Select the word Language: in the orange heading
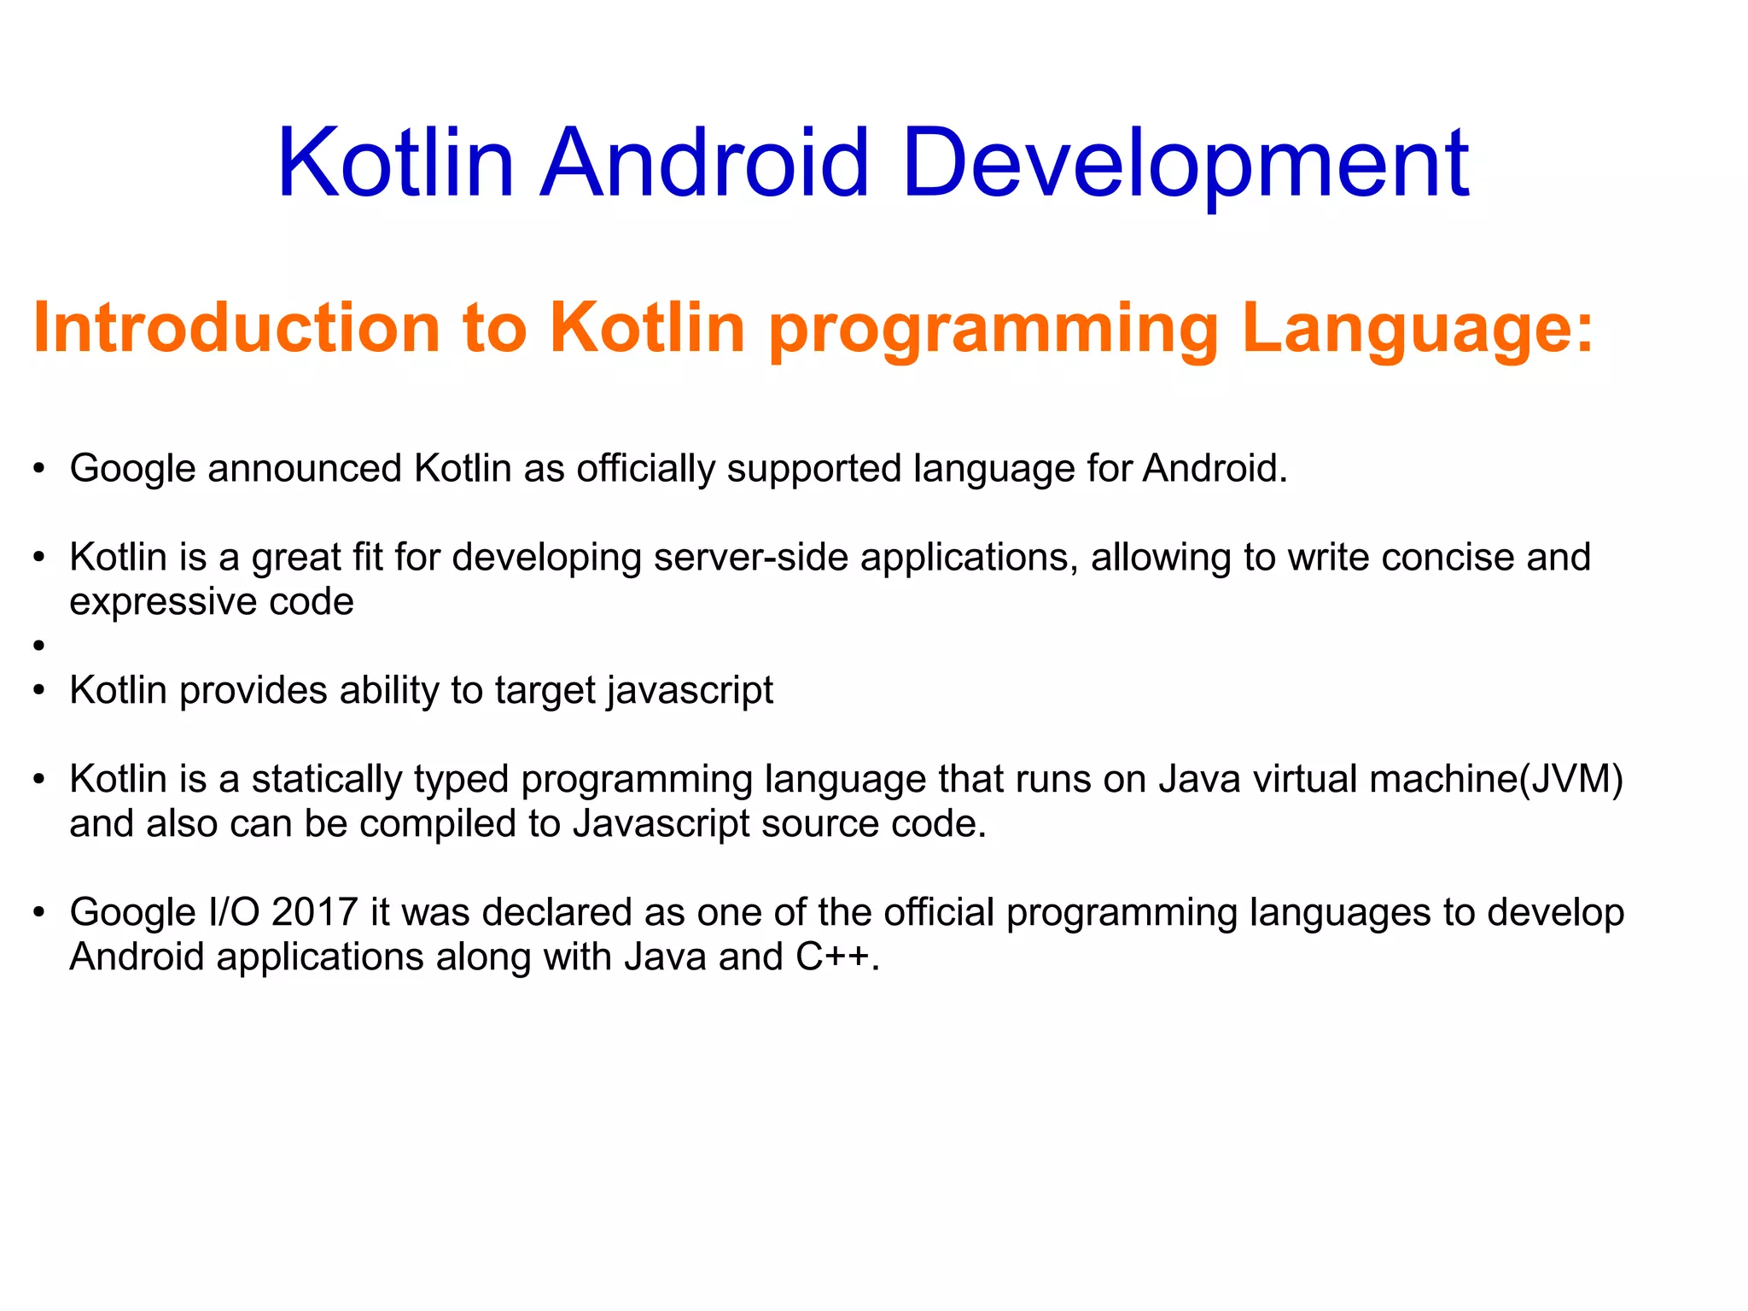pyautogui.click(x=1418, y=328)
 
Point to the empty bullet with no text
pyautogui.click(x=38, y=647)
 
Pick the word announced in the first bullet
pyautogui.click(x=304, y=468)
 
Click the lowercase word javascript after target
pyautogui.click(x=690, y=690)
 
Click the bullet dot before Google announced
pyautogui.click(x=38, y=469)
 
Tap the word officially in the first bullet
pyautogui.click(x=645, y=468)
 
